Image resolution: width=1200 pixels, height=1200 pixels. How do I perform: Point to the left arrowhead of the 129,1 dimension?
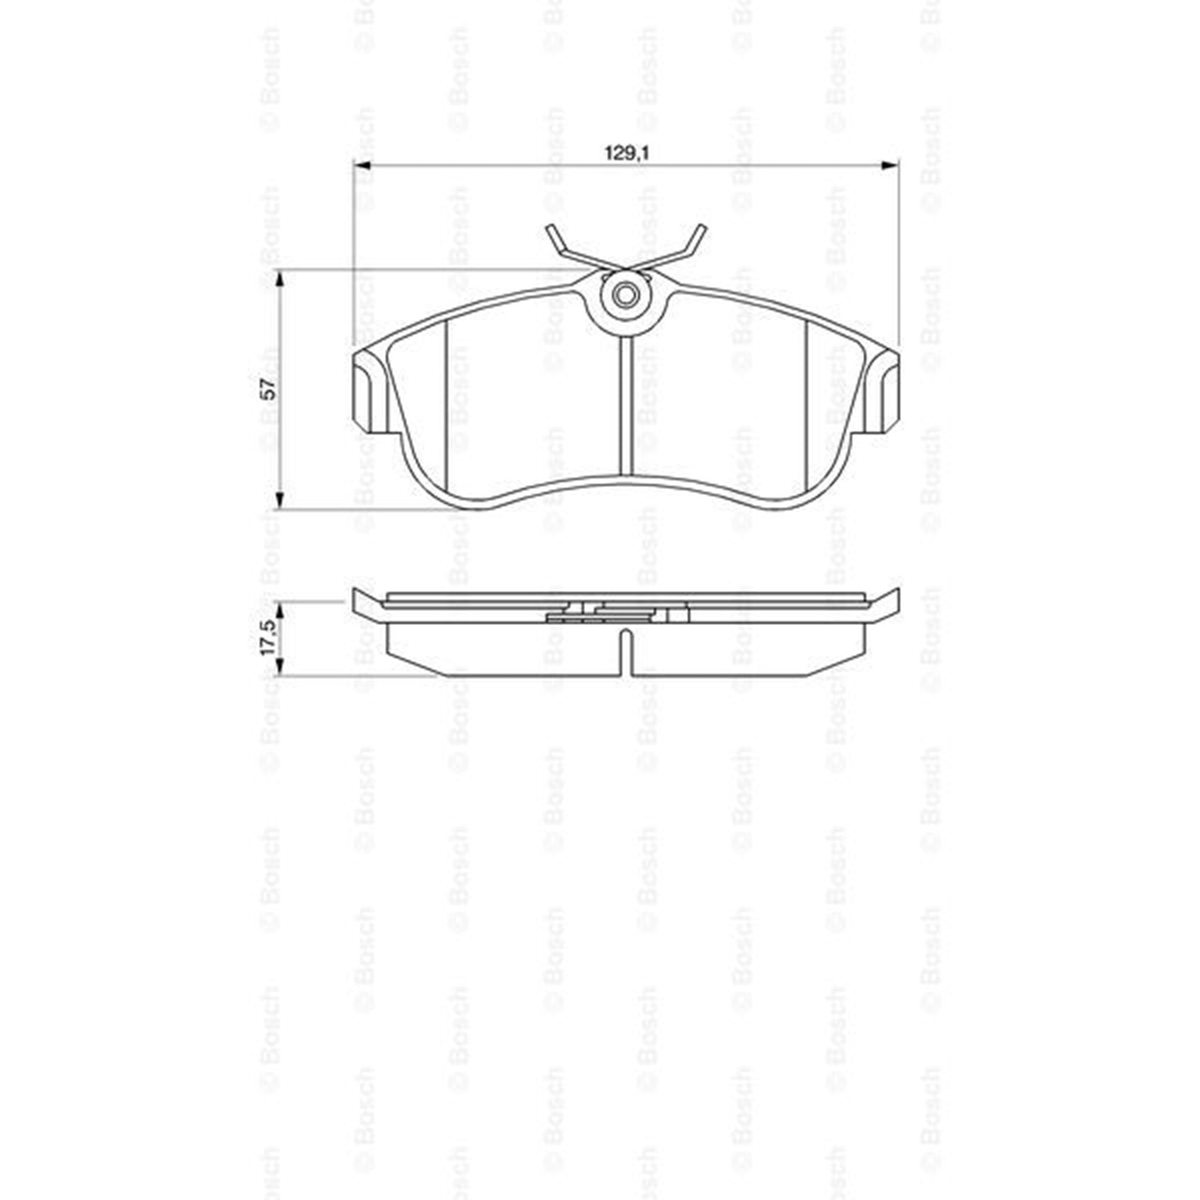pos(362,166)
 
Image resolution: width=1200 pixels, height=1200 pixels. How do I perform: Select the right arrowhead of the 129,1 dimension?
pos(890,166)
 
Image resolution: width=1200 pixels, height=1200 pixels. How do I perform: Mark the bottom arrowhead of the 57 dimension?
pos(279,499)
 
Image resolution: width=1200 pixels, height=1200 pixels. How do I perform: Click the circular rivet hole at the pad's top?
pos(626,296)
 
